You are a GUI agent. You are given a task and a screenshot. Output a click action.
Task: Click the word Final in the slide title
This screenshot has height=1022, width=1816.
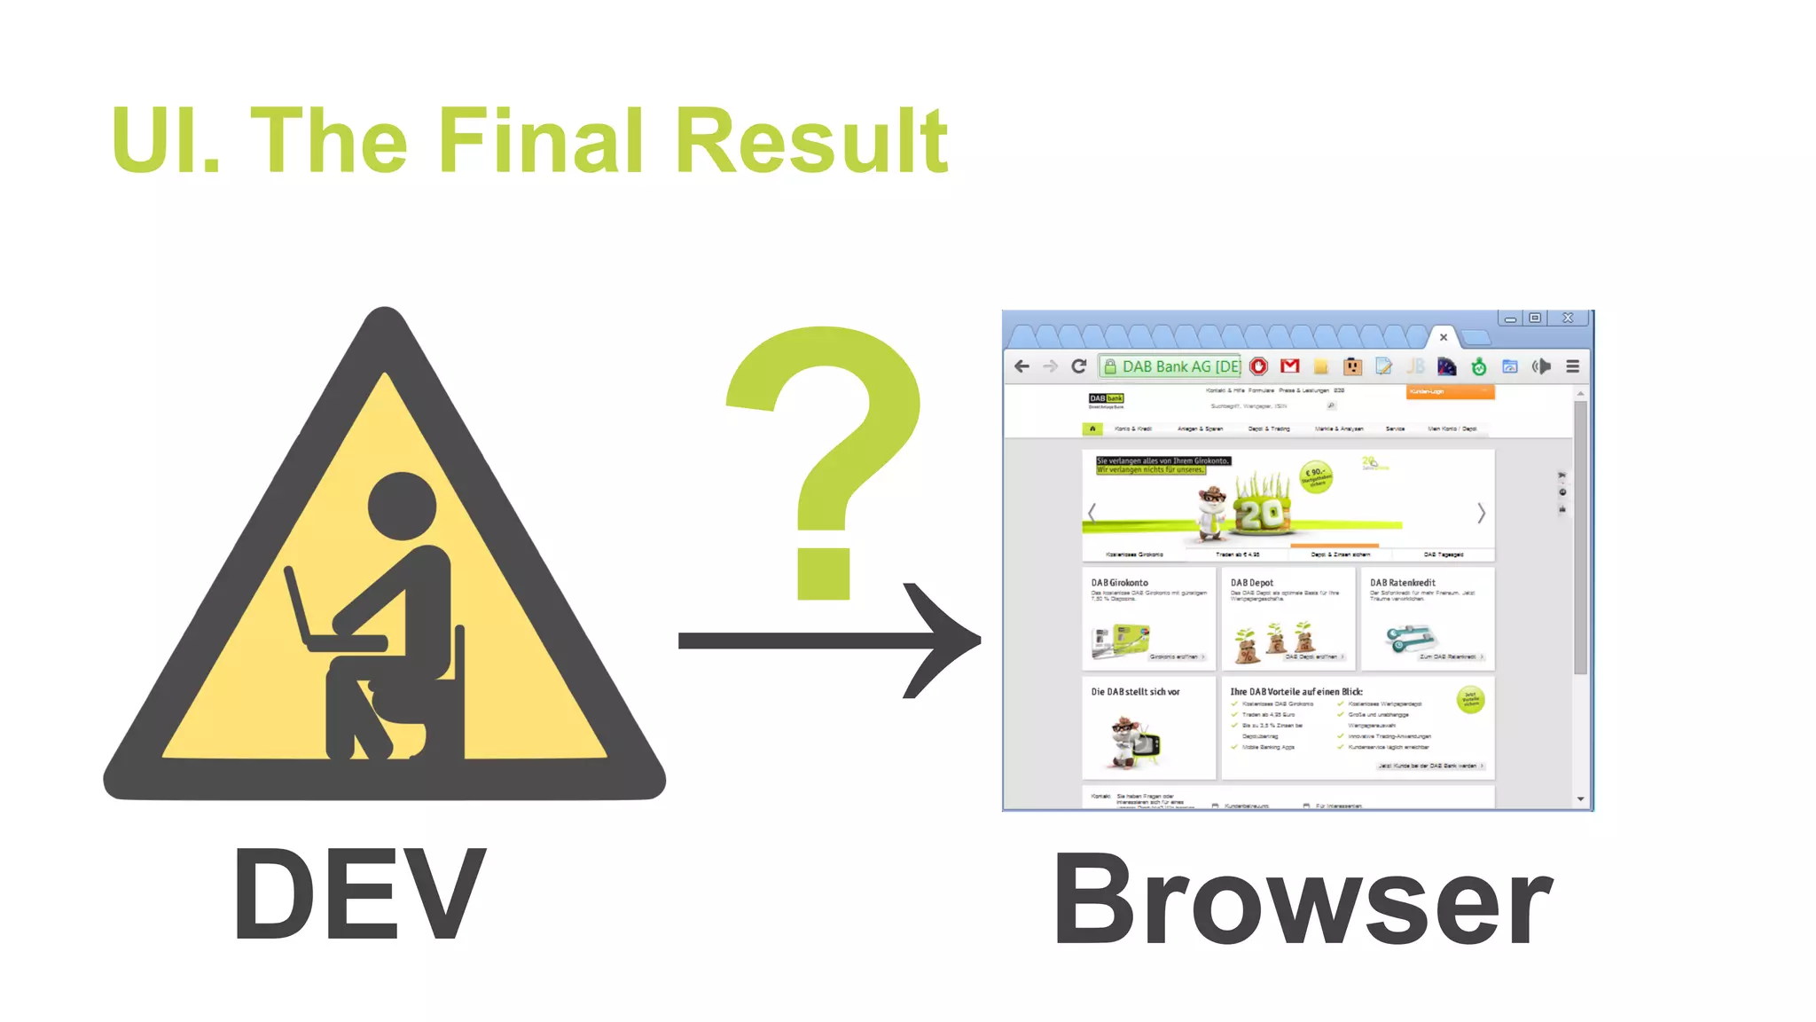541,141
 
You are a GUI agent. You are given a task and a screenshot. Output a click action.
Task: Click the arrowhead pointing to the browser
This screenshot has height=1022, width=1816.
944,640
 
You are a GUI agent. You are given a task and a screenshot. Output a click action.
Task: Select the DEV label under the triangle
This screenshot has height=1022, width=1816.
359,894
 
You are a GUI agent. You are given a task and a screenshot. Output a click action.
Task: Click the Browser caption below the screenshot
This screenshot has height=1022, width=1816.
1302,900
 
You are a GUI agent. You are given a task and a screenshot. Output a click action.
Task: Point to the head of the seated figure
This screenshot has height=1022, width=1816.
402,506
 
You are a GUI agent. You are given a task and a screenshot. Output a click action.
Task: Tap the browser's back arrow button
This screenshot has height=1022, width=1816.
1021,366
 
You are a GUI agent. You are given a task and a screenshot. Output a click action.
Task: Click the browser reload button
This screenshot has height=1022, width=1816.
1079,366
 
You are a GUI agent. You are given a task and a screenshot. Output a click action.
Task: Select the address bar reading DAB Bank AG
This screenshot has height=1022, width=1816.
1170,366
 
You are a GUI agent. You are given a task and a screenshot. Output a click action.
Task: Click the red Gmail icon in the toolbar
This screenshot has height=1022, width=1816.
1290,366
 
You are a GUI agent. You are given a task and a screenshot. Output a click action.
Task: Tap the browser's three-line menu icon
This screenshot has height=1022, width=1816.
1572,366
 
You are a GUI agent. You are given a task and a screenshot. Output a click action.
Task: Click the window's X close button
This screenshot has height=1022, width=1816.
1568,318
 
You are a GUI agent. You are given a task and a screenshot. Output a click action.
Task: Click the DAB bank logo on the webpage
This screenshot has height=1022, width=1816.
1106,399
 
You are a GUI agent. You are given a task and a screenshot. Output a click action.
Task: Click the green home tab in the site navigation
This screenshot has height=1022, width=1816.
1092,429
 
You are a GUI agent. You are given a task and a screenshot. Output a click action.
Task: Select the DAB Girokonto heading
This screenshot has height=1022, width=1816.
1119,583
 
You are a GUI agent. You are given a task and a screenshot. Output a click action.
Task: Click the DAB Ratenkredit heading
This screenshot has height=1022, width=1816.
1402,583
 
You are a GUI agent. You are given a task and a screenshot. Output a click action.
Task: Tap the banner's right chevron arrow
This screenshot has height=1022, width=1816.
1480,513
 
